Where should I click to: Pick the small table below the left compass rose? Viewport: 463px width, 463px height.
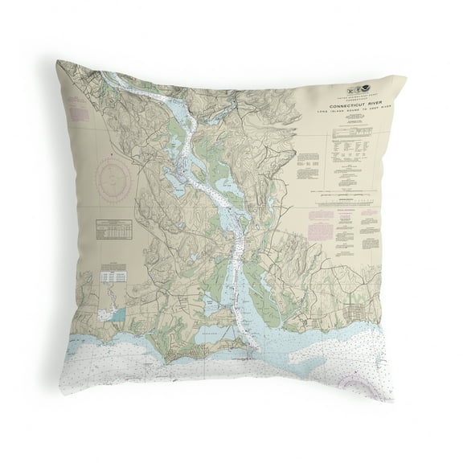(x=113, y=228)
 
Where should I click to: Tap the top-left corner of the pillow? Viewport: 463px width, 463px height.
(x=59, y=62)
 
